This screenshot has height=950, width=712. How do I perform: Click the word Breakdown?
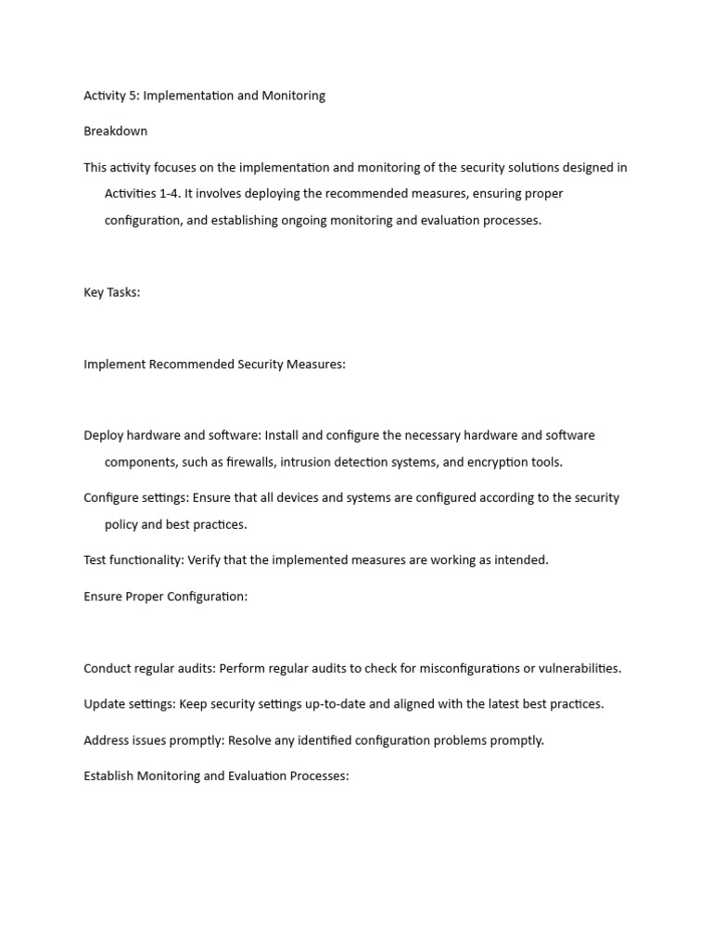point(115,131)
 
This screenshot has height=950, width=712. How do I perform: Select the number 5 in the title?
point(134,96)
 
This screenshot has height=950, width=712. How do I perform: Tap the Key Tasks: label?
point(112,292)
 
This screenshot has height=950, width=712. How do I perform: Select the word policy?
point(123,524)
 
